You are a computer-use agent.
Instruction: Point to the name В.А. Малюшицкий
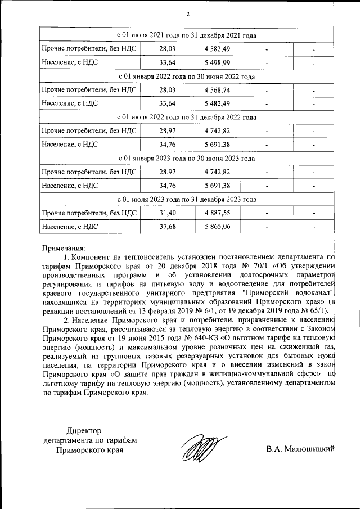coord(301,448)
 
